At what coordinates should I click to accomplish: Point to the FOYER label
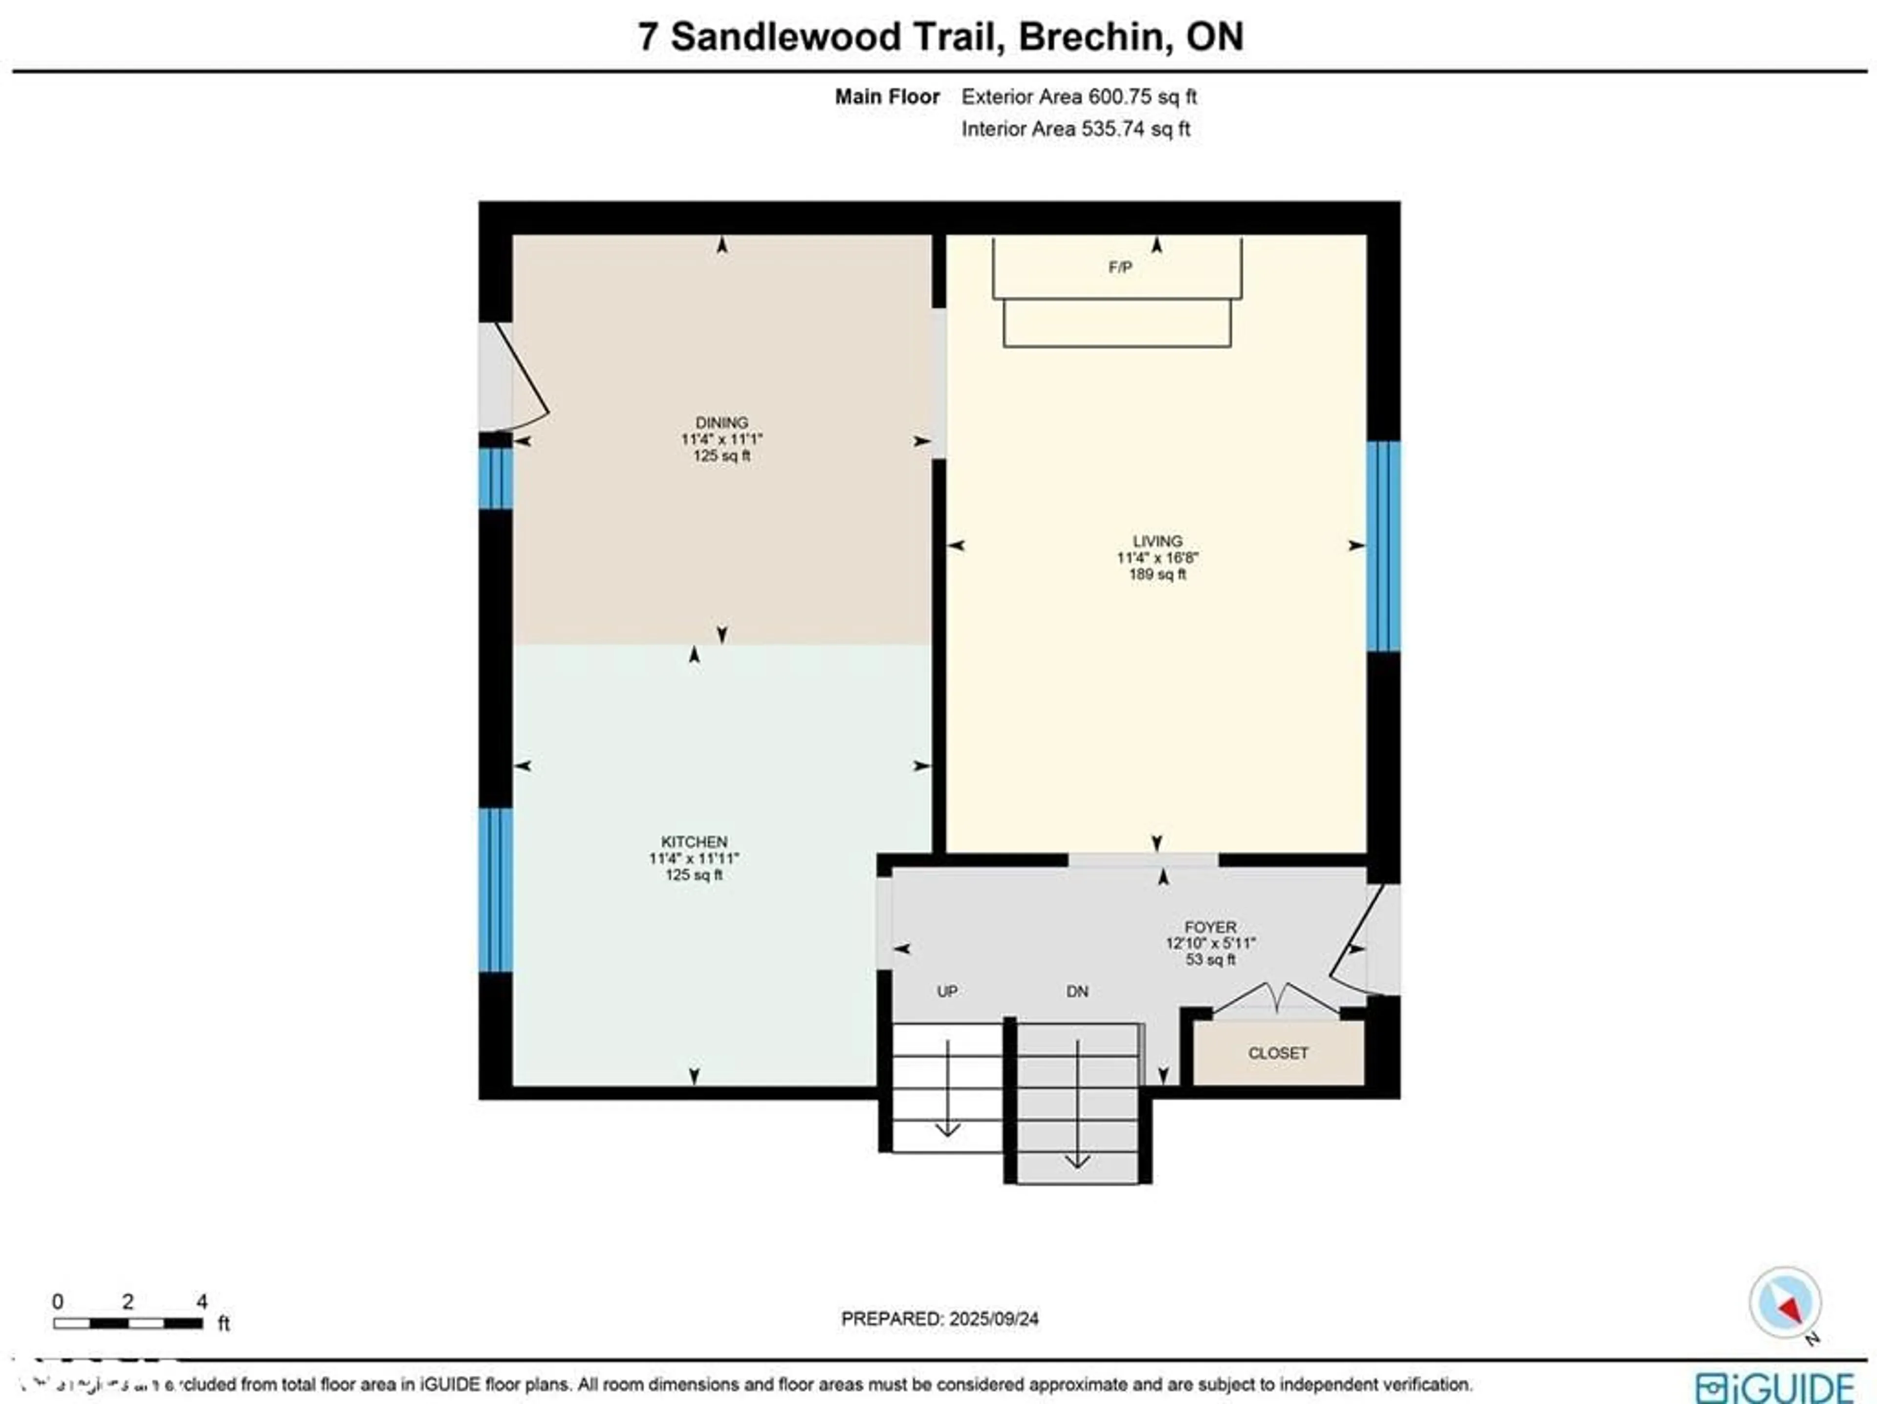point(1210,927)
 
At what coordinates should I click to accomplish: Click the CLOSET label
point(1277,1053)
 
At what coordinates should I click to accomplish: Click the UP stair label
point(947,991)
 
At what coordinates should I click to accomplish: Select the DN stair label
point(1077,991)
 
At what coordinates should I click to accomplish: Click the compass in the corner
point(1785,1302)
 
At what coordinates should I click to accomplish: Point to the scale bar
point(127,1322)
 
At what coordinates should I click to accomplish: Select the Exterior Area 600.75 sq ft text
point(1078,97)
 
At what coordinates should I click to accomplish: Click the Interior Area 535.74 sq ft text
point(1075,129)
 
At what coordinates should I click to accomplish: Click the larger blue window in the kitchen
point(496,889)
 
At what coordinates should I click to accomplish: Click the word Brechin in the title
point(1090,37)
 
